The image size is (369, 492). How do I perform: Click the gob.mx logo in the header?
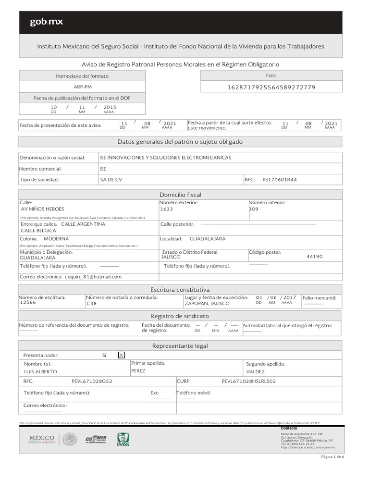point(46,22)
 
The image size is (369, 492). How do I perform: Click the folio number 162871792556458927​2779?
point(271,87)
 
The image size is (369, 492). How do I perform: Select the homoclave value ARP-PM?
point(82,87)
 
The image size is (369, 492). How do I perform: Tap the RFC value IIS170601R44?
point(280,179)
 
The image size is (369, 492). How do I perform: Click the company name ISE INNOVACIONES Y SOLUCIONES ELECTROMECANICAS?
point(165,158)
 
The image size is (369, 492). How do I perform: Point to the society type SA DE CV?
point(111,179)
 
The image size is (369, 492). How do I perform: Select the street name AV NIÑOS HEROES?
point(43,209)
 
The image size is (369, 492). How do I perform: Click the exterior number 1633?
point(166,209)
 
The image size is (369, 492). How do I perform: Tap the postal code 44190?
point(314,257)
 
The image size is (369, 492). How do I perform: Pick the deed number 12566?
point(28,303)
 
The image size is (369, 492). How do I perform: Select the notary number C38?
point(91,304)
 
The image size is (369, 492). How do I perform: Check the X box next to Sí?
point(122,355)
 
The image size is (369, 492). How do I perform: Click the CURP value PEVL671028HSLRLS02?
point(249,381)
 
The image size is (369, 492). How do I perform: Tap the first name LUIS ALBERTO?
point(40,371)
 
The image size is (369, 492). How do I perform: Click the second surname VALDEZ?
point(255,371)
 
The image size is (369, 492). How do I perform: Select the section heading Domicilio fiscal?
point(180,195)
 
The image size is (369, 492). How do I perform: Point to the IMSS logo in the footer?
point(123,440)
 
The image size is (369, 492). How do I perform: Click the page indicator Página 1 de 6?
point(332,456)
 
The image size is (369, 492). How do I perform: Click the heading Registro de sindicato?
point(180,316)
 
